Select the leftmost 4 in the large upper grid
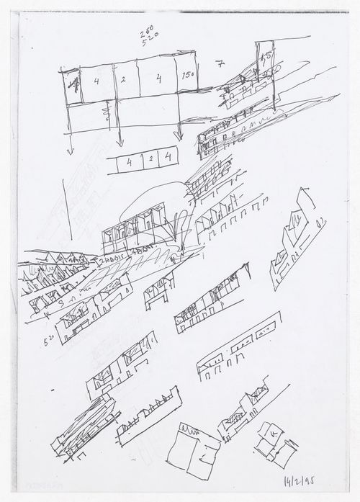pos(96,81)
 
